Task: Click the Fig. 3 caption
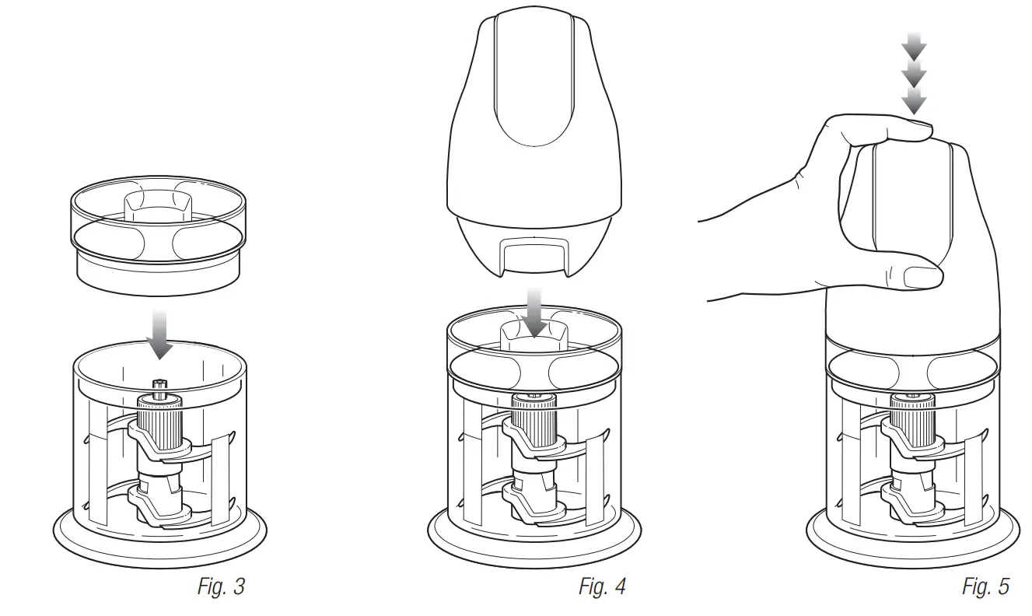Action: tap(221, 586)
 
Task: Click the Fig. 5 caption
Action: tap(985, 586)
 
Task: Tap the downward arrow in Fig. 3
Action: tap(160, 334)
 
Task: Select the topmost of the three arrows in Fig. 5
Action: tap(915, 48)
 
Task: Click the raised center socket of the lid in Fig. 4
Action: tap(534, 333)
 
